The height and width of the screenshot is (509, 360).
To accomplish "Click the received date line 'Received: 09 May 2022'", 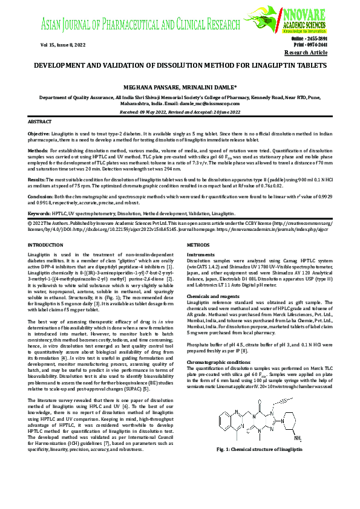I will pyautogui.click(x=160, y=112).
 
